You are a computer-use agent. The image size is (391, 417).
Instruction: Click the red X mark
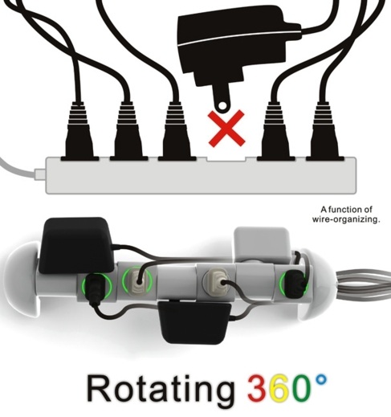coord(226,129)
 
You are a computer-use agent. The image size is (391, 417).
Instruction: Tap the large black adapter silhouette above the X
coord(235,46)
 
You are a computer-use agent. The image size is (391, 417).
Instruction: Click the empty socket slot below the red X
coord(226,159)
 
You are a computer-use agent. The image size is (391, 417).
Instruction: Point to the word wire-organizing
coord(346,219)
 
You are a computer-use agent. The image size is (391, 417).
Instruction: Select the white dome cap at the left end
coord(22,280)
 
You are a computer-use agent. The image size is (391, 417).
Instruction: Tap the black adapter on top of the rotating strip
coord(76,245)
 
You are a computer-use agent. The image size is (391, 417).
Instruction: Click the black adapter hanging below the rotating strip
coord(194,322)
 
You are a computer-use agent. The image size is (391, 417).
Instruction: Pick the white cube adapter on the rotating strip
coord(262,244)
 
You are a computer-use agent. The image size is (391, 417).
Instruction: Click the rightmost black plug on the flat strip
coord(325,131)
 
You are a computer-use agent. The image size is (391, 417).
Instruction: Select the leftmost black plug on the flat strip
coord(79,131)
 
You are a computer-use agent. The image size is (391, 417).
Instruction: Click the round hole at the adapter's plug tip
coord(222,106)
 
